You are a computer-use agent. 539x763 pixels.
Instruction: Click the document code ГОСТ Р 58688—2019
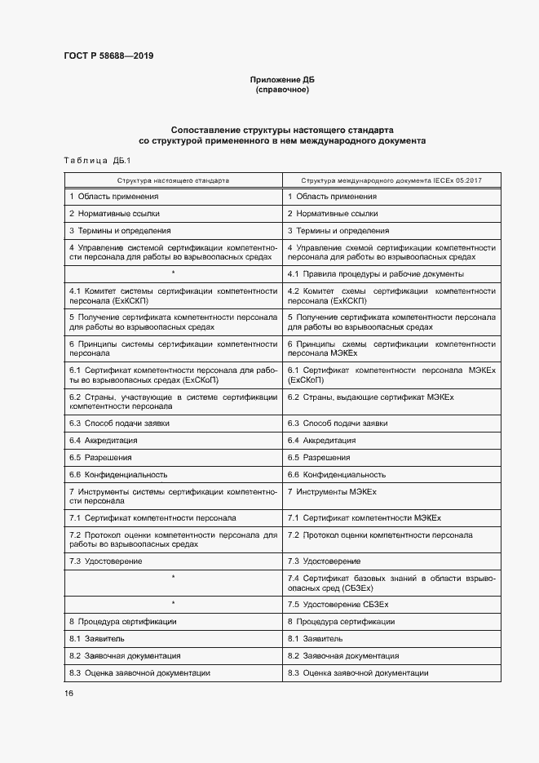tap(108, 55)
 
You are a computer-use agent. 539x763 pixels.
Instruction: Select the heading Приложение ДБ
tap(282, 79)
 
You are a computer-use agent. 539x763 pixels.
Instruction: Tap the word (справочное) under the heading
tap(282, 89)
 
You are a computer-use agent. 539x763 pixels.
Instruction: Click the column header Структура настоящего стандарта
tap(173, 180)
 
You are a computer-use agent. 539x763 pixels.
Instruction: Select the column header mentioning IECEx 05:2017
tap(392, 180)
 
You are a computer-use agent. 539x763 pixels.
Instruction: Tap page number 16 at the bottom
tap(69, 693)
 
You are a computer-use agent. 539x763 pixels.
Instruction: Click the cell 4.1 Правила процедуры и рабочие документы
tap(376, 274)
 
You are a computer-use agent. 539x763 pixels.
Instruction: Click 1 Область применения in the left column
tap(114, 197)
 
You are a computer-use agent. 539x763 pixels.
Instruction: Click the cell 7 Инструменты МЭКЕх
tap(332, 492)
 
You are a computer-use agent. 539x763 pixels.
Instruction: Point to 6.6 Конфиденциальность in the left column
tap(118, 474)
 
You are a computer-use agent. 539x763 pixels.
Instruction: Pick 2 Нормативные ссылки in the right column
tap(333, 214)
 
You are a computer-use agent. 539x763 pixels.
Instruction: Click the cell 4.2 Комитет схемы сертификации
tap(391, 295)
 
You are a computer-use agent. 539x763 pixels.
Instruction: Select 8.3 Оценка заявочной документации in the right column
tap(358, 673)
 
